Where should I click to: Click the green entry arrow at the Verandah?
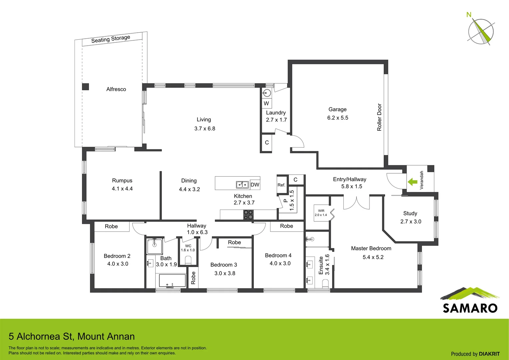(412, 182)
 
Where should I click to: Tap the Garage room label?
(337, 109)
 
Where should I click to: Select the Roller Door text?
(379, 117)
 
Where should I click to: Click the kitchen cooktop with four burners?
(248, 215)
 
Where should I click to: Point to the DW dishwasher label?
(255, 185)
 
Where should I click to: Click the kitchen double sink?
(242, 184)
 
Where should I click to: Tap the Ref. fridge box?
(281, 185)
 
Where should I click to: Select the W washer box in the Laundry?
(266, 103)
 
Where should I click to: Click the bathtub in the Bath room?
(172, 281)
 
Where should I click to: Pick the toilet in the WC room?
(188, 260)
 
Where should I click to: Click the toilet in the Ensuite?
(325, 283)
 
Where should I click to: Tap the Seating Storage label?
(111, 39)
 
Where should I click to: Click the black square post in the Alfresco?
(86, 87)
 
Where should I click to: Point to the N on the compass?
(469, 15)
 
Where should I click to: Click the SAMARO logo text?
(470, 308)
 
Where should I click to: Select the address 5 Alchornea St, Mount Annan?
(72, 336)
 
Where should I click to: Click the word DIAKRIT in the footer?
(489, 354)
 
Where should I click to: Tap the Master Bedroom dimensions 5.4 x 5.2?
(373, 257)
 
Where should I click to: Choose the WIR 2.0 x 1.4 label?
(321, 213)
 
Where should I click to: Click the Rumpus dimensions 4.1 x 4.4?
(122, 189)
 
